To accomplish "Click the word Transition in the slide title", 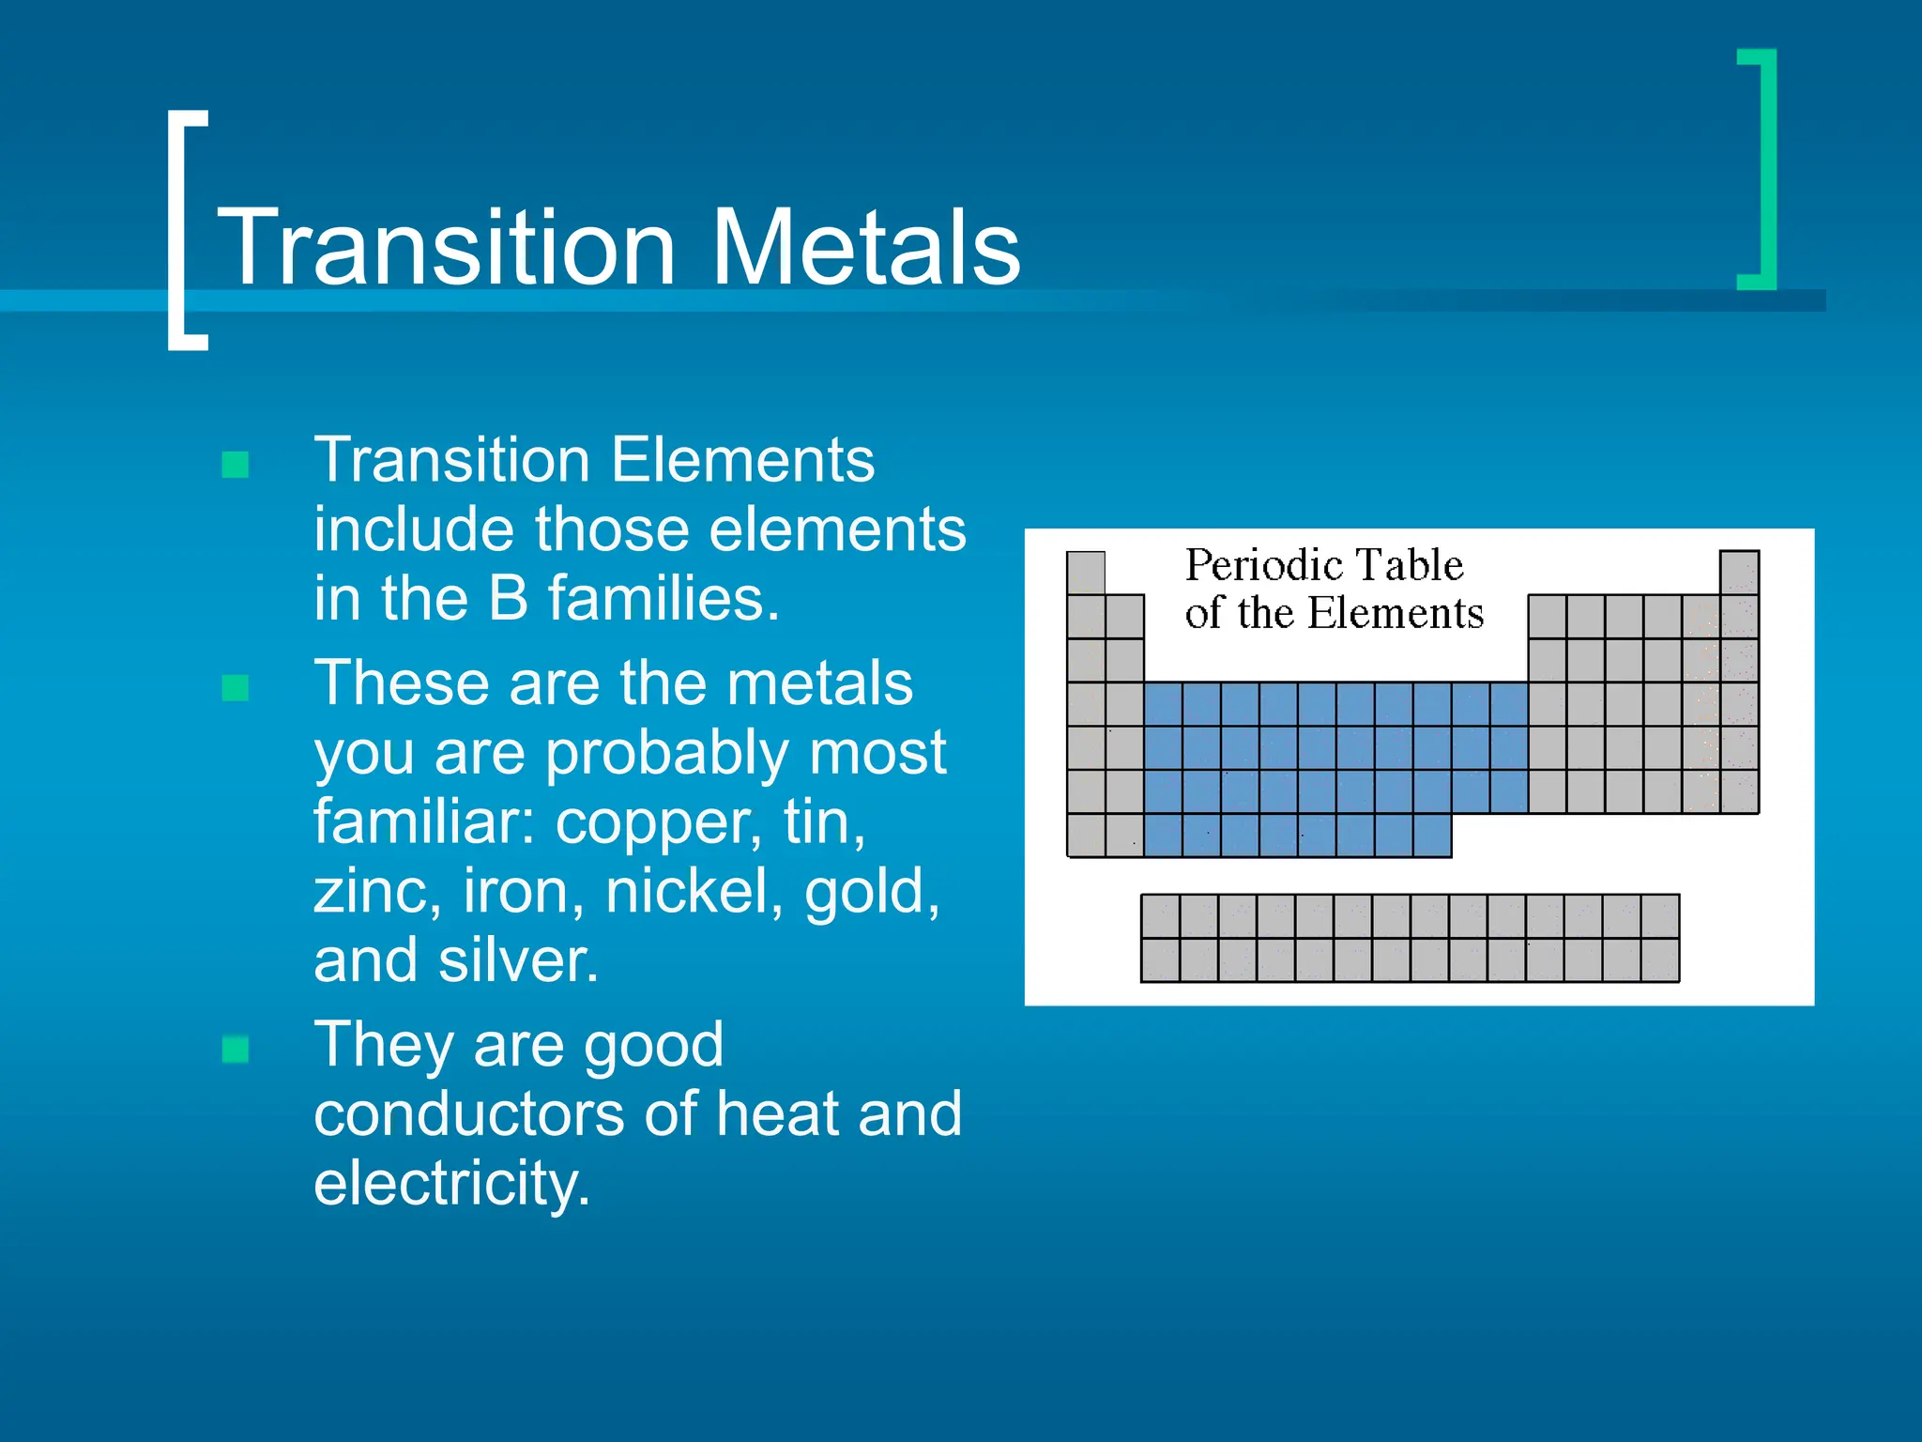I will (x=447, y=248).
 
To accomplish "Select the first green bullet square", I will (x=236, y=465).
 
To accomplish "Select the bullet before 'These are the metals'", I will (x=236, y=688).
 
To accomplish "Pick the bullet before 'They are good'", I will (x=236, y=1050).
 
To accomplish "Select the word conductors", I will (x=468, y=1113).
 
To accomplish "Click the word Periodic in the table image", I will (x=1257, y=565).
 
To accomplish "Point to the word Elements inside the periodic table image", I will (x=1396, y=613).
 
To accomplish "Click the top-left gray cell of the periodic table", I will (x=1086, y=572).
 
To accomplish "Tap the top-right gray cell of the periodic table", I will (x=1739, y=572).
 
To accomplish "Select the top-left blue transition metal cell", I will (x=1163, y=703).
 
